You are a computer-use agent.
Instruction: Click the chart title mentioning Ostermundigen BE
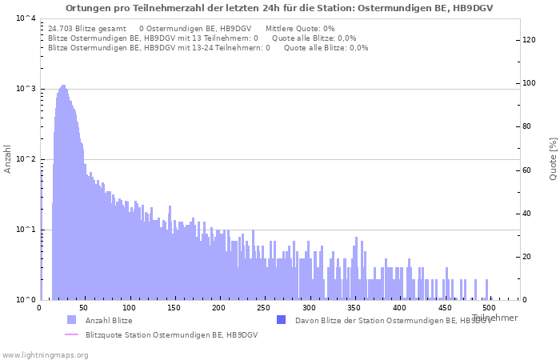pyautogui.click(x=279, y=8)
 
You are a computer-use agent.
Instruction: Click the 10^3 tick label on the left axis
pyautogui.click(x=26, y=88)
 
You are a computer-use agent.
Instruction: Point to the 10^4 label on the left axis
pyautogui.click(x=26, y=18)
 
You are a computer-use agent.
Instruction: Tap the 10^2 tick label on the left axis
pyautogui.click(x=26, y=158)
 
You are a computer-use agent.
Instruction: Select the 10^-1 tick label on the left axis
pyautogui.click(x=26, y=229)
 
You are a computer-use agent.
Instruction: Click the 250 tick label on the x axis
pyautogui.click(x=263, y=307)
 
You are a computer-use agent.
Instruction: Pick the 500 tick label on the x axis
pyautogui.click(x=489, y=307)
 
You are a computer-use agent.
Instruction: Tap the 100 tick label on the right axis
pyautogui.click(x=529, y=83)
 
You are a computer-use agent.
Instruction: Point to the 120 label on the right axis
pyautogui.click(x=529, y=40)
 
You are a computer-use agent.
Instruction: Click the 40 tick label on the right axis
pyautogui.click(x=526, y=214)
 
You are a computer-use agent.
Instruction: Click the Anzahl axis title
pyautogui.click(x=7, y=159)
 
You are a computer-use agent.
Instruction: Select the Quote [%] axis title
pyautogui.click(x=553, y=159)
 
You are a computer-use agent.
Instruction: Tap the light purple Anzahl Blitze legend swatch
pyautogui.click(x=71, y=320)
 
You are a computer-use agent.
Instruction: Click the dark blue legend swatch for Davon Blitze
pyautogui.click(x=282, y=320)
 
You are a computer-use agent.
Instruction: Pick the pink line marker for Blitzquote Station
pyautogui.click(x=71, y=334)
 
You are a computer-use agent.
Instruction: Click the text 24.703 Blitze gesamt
pyautogui.click(x=87, y=29)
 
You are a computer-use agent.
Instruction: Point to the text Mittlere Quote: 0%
pyautogui.click(x=300, y=29)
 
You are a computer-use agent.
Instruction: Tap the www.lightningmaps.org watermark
pyautogui.click(x=45, y=355)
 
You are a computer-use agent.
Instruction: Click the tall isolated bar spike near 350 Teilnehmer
pyautogui.click(x=356, y=268)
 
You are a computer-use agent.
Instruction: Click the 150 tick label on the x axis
pyautogui.click(x=174, y=307)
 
